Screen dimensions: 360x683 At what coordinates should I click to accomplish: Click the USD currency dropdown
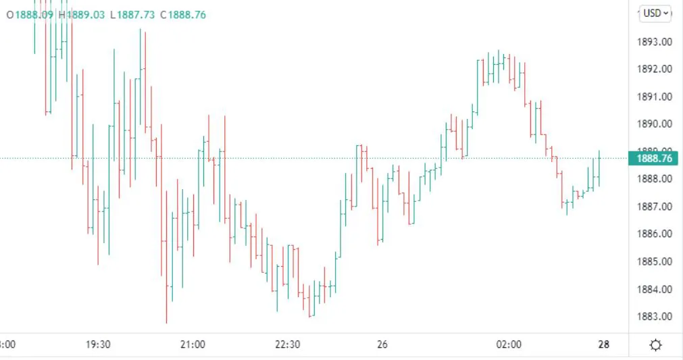(655, 13)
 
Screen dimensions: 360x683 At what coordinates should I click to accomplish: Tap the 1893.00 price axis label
(655, 42)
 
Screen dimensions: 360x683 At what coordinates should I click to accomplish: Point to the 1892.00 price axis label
(655, 69)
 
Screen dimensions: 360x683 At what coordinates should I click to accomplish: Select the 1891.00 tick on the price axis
(655, 97)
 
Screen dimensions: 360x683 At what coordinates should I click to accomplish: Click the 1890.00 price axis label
(655, 124)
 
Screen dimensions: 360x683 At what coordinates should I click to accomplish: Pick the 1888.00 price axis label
(655, 179)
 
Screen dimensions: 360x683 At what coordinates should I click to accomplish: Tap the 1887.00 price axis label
(655, 207)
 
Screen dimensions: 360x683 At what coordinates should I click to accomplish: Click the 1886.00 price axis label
(655, 234)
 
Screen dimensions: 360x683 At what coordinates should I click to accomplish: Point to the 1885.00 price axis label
(655, 261)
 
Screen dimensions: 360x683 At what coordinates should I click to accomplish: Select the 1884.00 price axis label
(655, 289)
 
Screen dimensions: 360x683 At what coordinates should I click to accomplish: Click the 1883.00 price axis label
(655, 316)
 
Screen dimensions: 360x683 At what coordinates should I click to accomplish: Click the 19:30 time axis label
(98, 344)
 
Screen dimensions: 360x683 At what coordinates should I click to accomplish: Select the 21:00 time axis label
(193, 344)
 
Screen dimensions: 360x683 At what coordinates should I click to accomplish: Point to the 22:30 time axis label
(287, 344)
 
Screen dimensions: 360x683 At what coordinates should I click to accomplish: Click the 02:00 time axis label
(509, 344)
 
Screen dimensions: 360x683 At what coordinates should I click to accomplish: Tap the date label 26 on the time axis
(382, 344)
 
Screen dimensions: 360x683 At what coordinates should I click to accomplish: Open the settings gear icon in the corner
(655, 345)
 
